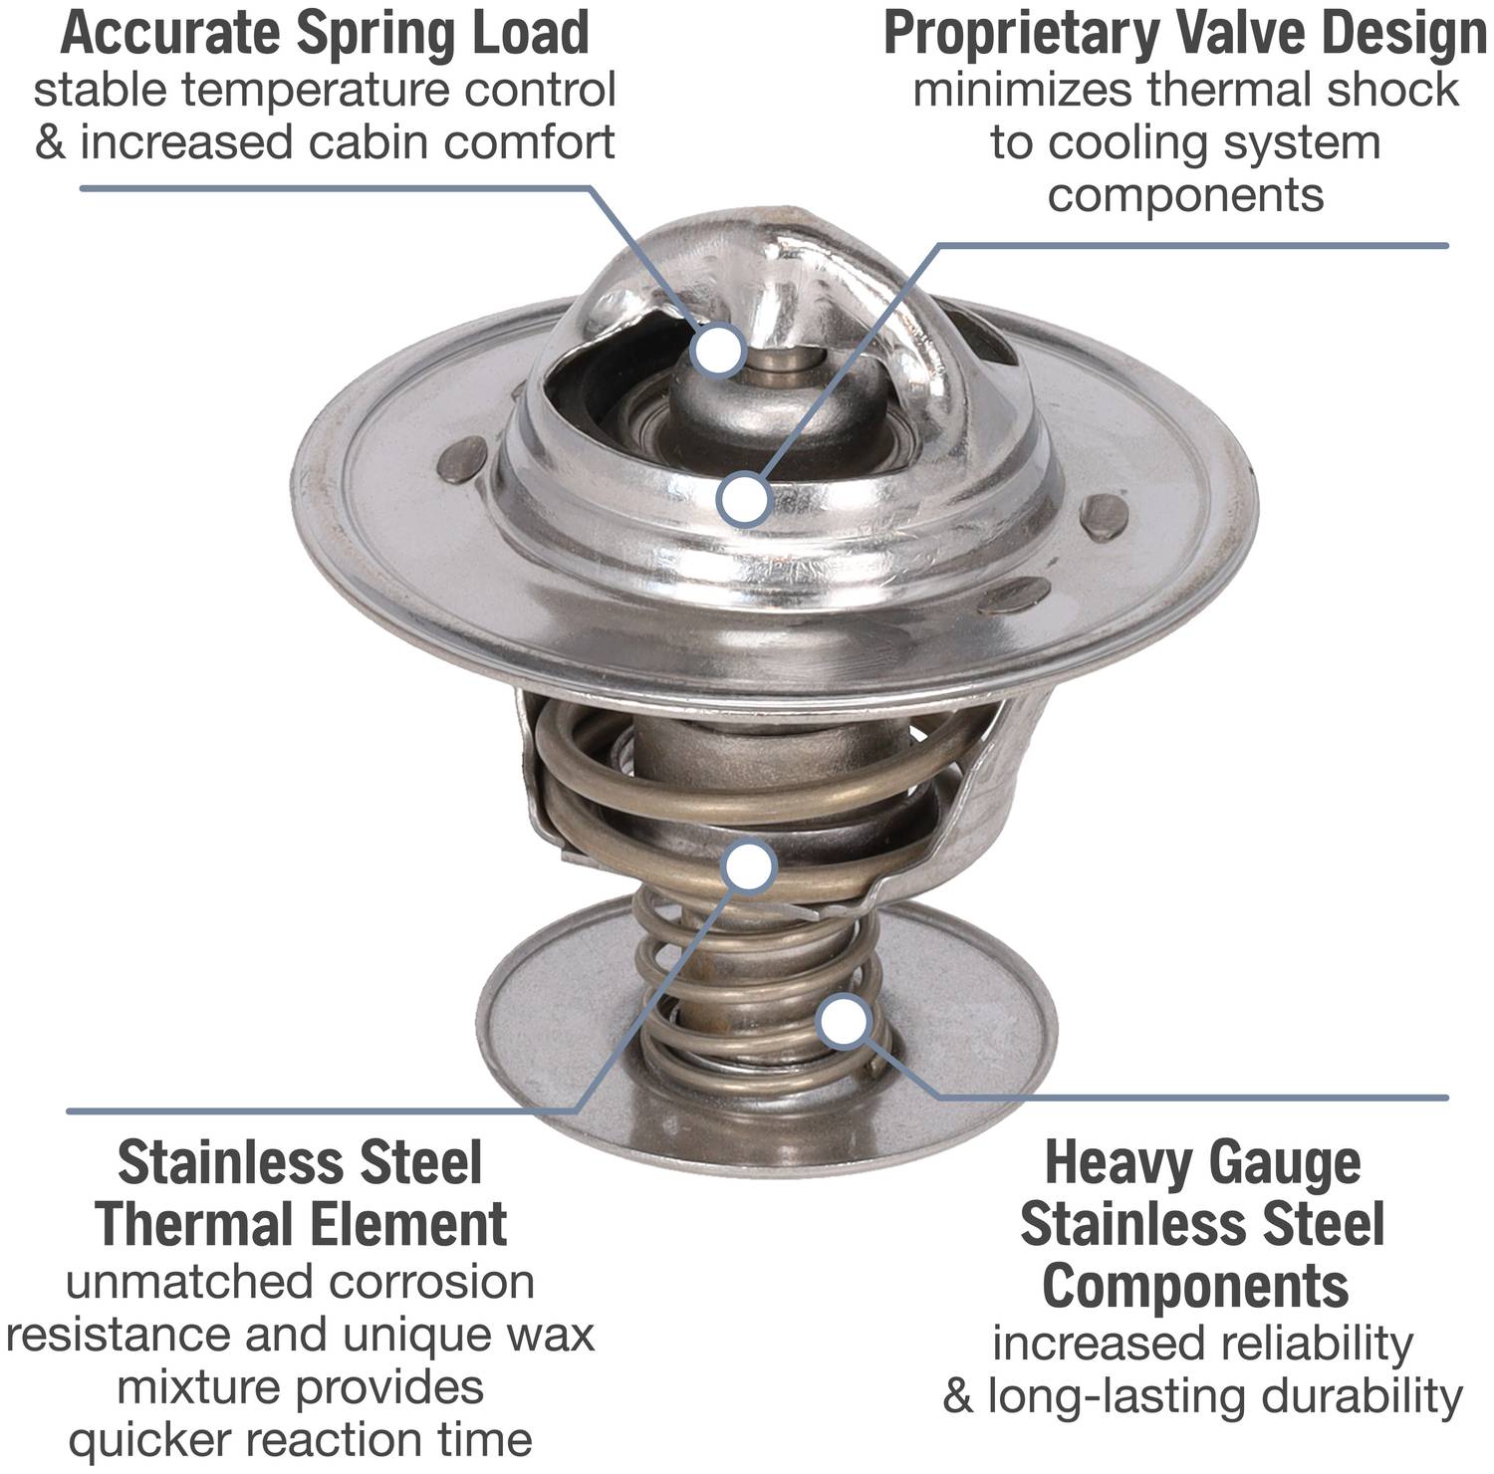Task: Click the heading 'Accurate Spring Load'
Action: click(x=325, y=33)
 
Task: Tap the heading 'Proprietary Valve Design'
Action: click(x=1185, y=35)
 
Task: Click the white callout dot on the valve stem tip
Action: click(x=719, y=351)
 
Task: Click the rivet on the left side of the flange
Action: click(x=464, y=460)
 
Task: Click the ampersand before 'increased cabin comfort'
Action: click(x=51, y=143)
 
